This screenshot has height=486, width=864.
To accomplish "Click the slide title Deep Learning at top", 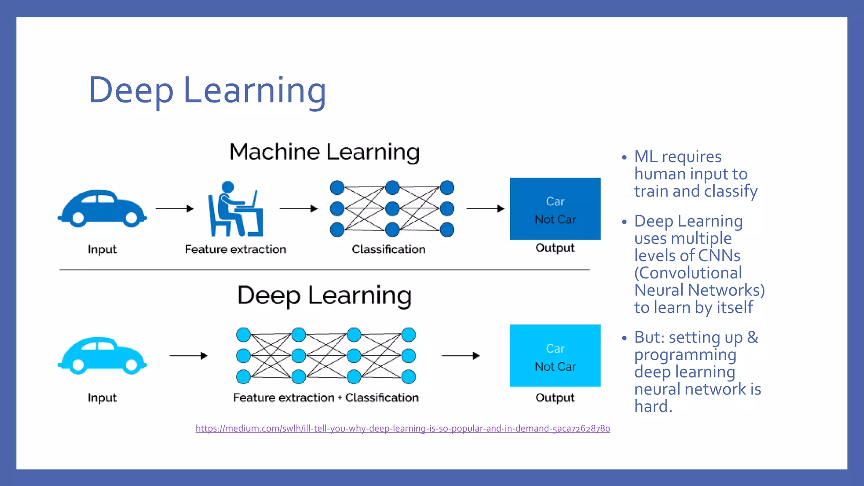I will tap(207, 90).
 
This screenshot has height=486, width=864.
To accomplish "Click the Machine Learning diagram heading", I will tap(324, 152).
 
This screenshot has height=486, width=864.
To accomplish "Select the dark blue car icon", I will tap(102, 208).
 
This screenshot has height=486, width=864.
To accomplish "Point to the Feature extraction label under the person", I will tap(235, 249).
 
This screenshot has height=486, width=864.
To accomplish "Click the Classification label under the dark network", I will tap(389, 249).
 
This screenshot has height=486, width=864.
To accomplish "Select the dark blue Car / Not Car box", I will tap(555, 209).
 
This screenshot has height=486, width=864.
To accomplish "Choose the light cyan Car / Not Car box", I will tap(555, 356).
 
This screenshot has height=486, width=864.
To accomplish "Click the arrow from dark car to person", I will tap(174, 208).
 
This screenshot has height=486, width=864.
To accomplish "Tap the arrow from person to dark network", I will tap(298, 208).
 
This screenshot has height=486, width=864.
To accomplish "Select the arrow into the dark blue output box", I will tap(485, 208).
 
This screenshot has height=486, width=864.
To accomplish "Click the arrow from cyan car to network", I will tap(188, 356).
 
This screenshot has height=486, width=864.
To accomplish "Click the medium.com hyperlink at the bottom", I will tap(402, 429).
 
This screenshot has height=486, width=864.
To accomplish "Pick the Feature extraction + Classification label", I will tap(326, 397).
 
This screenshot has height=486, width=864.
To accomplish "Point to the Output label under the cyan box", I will tap(555, 397).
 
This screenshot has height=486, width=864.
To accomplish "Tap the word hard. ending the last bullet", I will tap(653, 406).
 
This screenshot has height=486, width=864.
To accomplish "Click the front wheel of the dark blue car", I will tap(78, 218).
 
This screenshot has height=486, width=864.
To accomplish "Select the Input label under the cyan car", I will tap(102, 397).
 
